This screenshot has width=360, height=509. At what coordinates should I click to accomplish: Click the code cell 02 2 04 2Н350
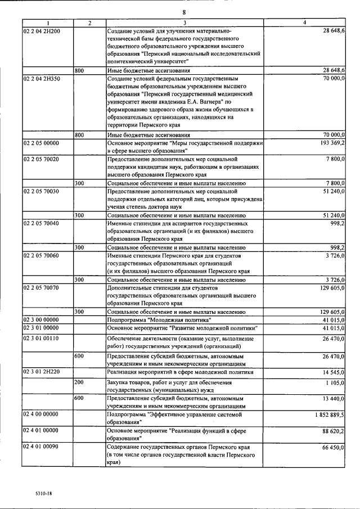42,79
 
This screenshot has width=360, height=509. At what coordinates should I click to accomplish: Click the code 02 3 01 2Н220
42,372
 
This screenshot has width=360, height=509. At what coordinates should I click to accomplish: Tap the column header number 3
183,22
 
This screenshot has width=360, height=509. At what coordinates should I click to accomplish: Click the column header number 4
304,22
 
